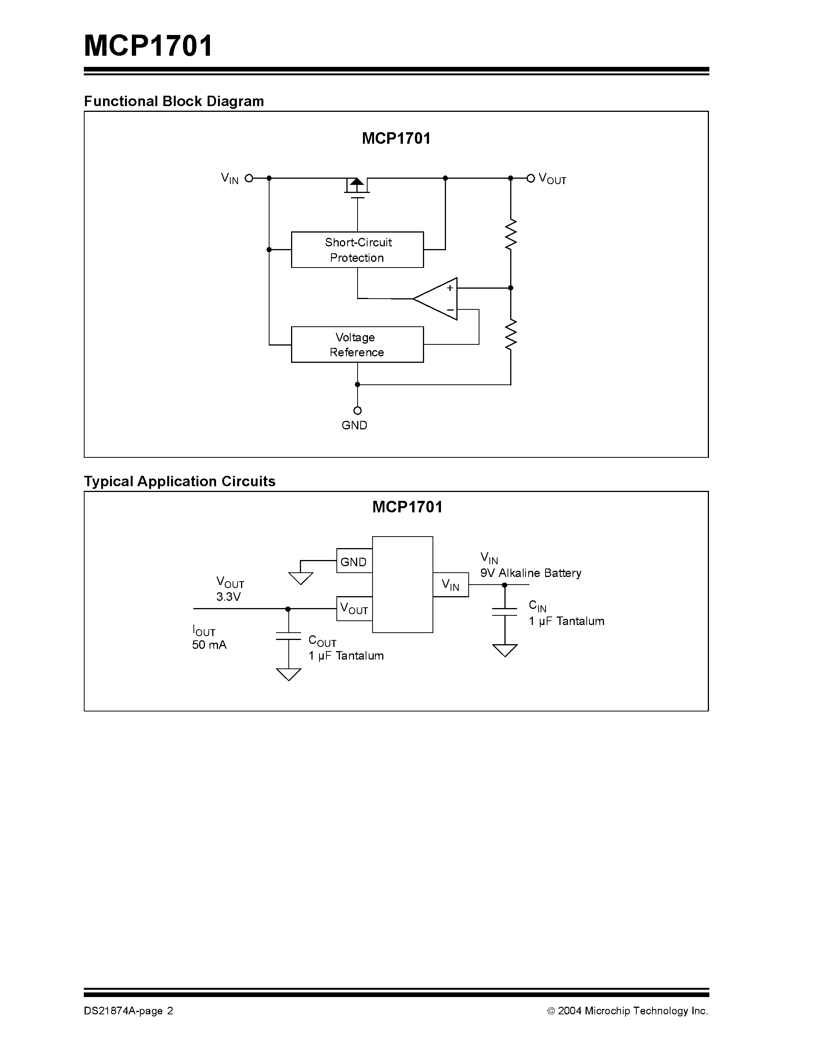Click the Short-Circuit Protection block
click(357, 250)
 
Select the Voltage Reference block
click(357, 345)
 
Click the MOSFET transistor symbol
click(357, 186)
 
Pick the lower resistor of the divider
click(511, 334)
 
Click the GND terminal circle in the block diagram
click(357, 411)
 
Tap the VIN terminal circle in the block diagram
click(249, 178)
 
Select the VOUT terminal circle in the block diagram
click(531, 178)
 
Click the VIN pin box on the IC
click(451, 585)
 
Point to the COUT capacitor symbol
click(288, 636)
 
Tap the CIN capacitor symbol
click(504, 612)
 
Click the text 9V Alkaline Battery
click(531, 573)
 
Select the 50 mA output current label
click(209, 645)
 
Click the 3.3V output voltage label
click(228, 597)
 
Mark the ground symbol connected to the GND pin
click(301, 578)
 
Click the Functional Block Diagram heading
click(174, 101)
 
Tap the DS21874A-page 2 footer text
click(128, 1010)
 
